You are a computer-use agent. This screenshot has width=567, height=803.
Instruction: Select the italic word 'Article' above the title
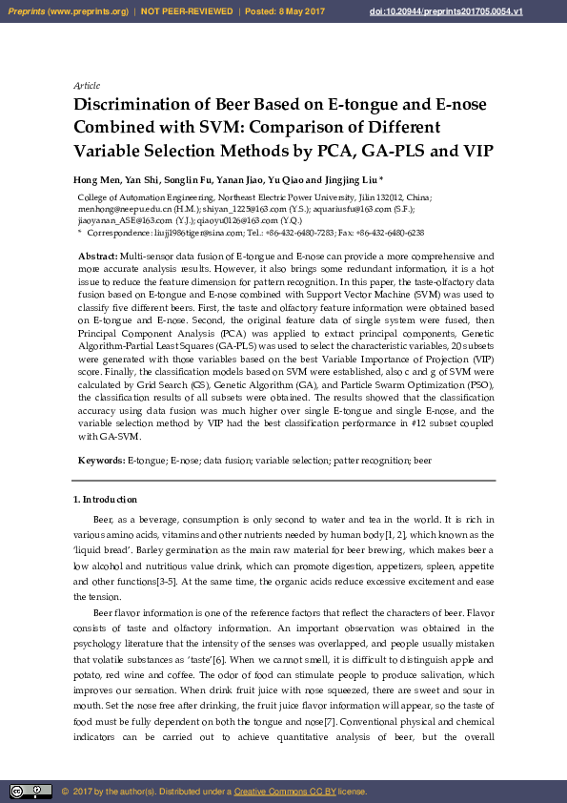coord(87,86)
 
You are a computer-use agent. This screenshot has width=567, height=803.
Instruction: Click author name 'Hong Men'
coord(93,179)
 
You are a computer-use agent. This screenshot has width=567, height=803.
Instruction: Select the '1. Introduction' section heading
coord(106,500)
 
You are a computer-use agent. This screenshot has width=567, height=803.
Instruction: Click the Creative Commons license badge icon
coord(30,791)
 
